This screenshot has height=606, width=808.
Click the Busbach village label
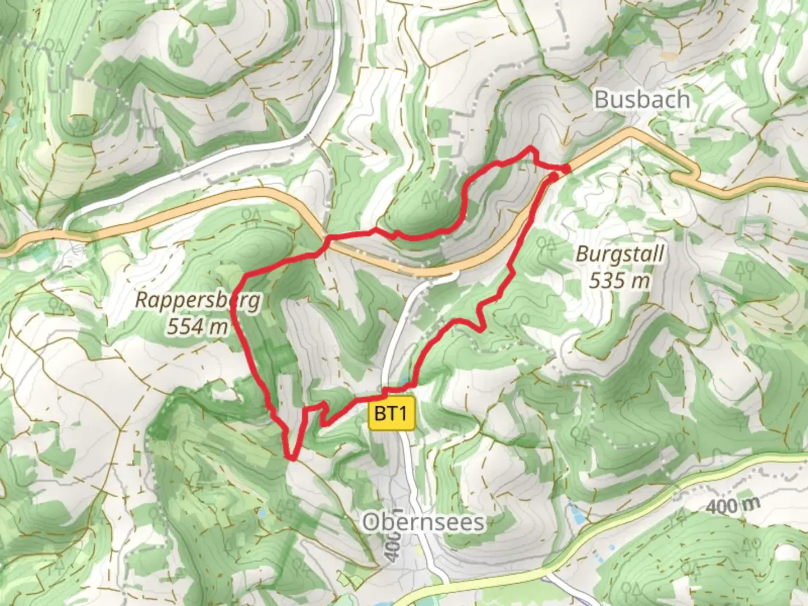tap(641, 100)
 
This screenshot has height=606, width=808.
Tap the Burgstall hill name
tap(619, 254)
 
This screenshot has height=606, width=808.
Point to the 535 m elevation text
tap(619, 279)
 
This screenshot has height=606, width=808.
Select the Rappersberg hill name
tap(198, 300)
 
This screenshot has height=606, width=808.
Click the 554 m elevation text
tap(198, 326)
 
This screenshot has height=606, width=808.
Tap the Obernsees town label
tap(423, 522)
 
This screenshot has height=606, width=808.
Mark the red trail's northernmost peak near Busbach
tap(530, 148)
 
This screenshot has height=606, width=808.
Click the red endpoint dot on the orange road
tap(566, 168)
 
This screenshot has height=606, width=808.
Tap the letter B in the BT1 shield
tap(380, 415)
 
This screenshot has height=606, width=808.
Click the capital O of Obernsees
tap(370, 522)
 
